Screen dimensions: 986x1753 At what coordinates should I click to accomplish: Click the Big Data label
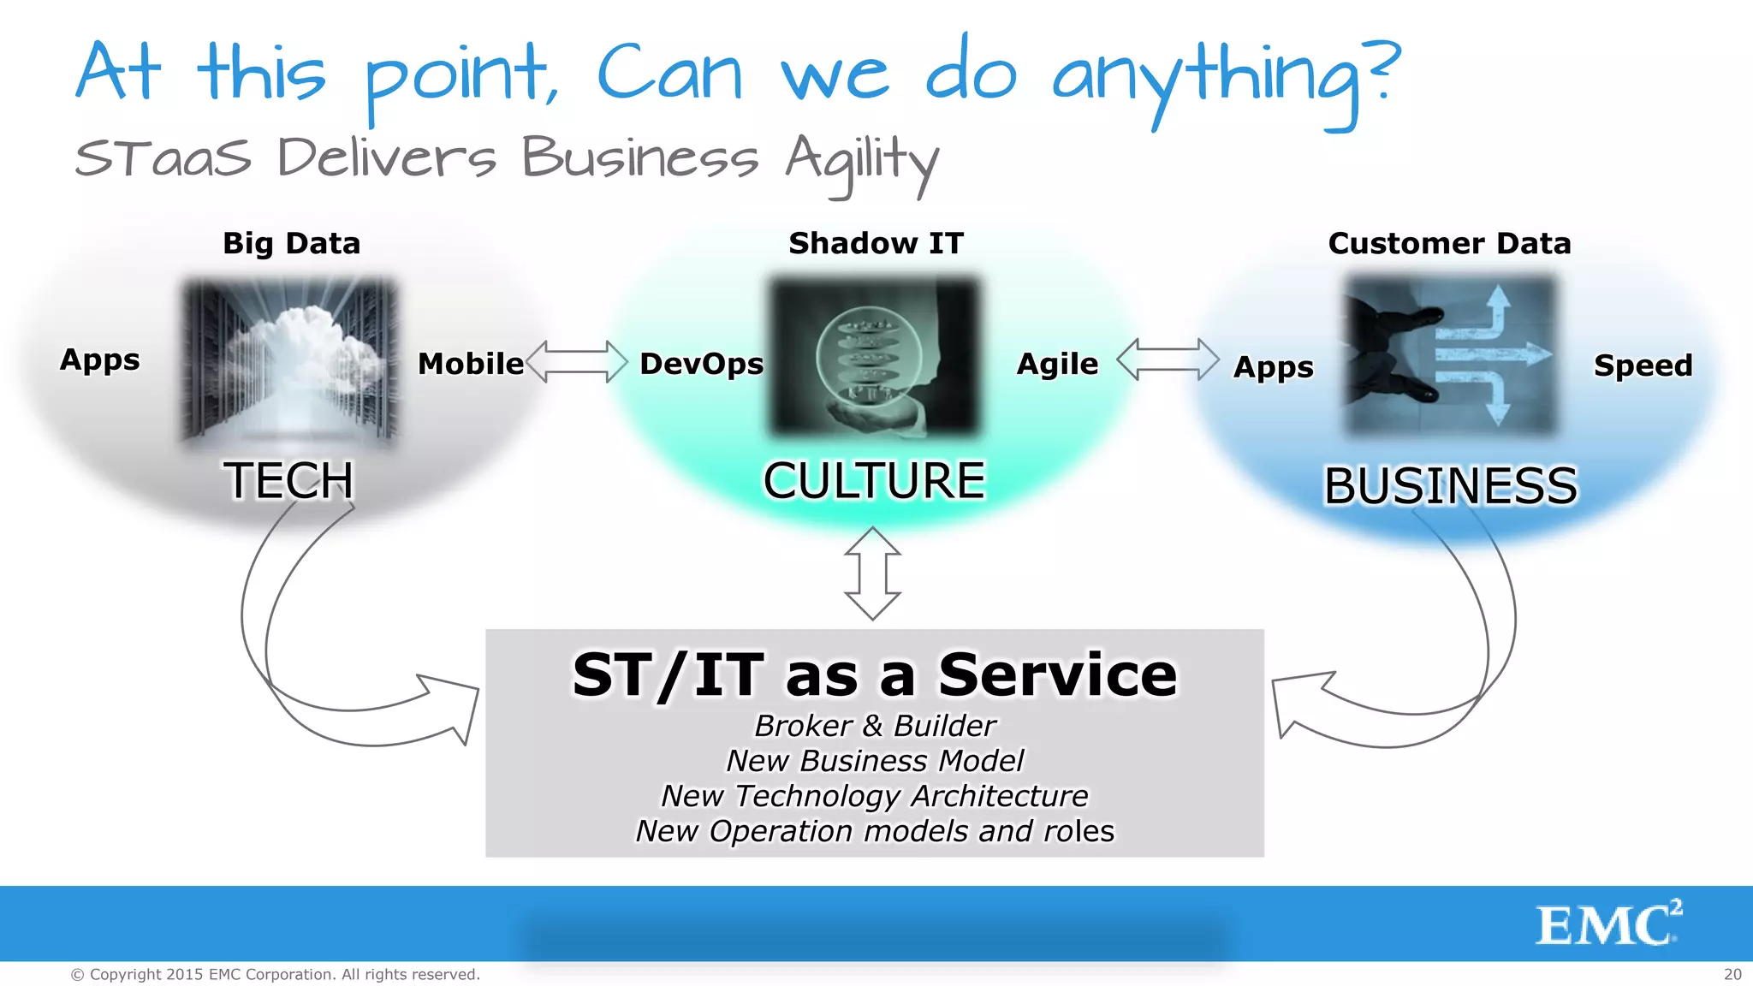coord(291,244)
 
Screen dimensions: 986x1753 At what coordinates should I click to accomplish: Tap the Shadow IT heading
coord(876,244)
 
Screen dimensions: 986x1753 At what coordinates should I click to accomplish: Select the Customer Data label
coord(1449,244)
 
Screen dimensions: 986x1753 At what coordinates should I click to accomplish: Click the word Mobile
coord(471,364)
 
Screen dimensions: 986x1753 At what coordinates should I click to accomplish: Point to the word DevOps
coord(701,364)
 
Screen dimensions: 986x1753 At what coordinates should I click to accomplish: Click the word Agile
coord(1057,364)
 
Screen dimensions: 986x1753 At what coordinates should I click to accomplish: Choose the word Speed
coord(1643,365)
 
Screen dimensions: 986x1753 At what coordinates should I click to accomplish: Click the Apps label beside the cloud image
coord(99,360)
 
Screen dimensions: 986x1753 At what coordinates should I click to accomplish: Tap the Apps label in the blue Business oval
coord(1273,367)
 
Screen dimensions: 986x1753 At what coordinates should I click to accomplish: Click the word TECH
coord(288,480)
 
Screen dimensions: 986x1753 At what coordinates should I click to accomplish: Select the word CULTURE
coord(874,480)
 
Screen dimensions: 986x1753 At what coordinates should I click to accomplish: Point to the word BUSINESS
coord(1450,486)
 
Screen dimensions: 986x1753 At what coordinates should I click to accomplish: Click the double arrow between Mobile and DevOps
coord(577,361)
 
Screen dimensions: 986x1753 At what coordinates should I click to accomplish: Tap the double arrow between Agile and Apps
coord(1168,359)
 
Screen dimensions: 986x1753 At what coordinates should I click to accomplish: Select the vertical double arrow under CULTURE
coord(872,573)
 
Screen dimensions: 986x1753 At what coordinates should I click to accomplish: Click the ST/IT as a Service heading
coord(875,675)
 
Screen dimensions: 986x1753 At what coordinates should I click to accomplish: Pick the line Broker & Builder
coord(875,726)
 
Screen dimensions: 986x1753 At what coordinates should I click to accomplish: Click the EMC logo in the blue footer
coord(1608,924)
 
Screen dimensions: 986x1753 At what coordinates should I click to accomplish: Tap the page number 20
coord(1732,974)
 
